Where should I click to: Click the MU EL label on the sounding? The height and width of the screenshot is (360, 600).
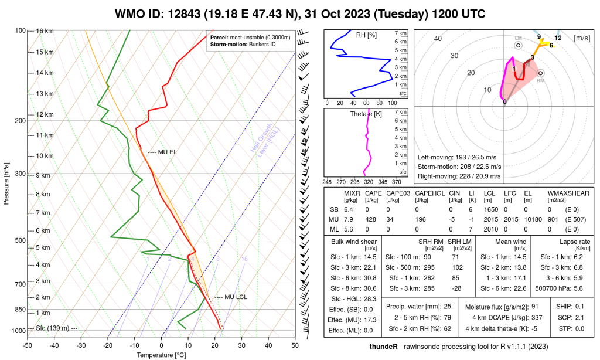(167, 152)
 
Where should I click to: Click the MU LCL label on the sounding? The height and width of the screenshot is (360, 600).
(231, 297)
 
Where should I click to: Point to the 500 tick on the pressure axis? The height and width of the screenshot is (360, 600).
(21, 240)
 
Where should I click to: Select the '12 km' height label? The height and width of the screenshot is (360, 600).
(45, 114)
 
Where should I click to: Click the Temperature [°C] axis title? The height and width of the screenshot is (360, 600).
(161, 355)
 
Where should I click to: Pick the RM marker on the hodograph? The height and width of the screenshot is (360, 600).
(540, 74)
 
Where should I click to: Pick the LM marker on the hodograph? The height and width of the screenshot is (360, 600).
(518, 45)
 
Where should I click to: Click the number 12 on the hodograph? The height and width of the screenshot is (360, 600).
(558, 38)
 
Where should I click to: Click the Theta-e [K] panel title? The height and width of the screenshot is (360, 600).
(365, 113)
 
